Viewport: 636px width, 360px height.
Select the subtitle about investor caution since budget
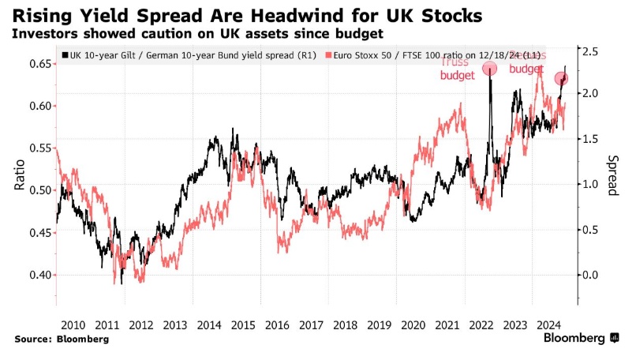(196, 34)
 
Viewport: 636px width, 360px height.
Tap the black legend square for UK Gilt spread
(64, 56)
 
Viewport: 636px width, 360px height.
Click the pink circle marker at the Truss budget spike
(489, 69)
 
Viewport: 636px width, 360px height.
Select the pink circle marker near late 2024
(562, 79)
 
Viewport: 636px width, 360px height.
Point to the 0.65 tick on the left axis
(38, 63)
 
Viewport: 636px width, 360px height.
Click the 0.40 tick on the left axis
(38, 275)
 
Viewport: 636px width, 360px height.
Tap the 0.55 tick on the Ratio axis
(38, 148)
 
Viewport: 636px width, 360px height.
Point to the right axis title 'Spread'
(612, 174)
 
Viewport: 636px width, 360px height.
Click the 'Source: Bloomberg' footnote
(61, 339)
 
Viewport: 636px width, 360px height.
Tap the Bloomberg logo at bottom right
(581, 338)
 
